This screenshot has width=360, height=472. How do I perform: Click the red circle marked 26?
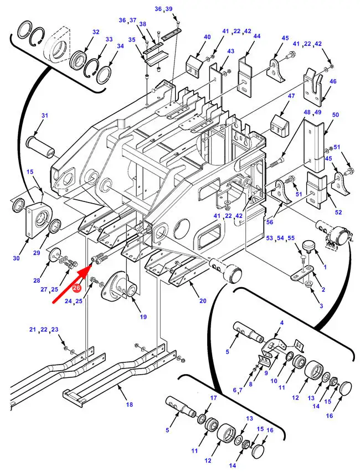pyautogui.click(x=76, y=288)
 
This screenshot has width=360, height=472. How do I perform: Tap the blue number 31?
pyautogui.click(x=45, y=115)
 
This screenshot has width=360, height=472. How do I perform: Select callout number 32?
pyautogui.click(x=96, y=32)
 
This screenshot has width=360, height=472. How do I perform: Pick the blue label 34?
pyautogui.click(x=121, y=46)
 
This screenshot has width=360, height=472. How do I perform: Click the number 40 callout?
pyautogui.click(x=207, y=37)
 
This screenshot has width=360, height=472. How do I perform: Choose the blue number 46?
pyautogui.click(x=333, y=81)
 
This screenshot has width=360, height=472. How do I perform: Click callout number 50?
pyautogui.click(x=335, y=115)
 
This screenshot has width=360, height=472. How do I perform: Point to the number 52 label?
pyautogui.click(x=338, y=212)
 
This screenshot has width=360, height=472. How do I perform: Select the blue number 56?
pyautogui.click(x=270, y=222)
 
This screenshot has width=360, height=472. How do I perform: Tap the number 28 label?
pyautogui.click(x=37, y=281)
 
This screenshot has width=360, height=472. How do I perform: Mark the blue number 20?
pyautogui.click(x=203, y=300)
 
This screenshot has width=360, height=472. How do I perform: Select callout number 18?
pyautogui.click(x=129, y=404)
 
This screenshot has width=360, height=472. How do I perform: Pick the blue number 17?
pyautogui.click(x=214, y=398)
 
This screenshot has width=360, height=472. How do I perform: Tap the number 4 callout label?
pyautogui.click(x=282, y=323)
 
